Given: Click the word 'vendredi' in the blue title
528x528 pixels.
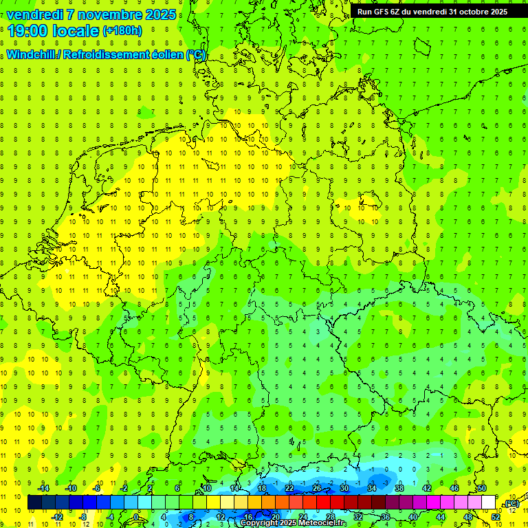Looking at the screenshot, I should [x=34, y=14].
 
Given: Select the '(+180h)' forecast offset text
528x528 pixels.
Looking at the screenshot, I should [x=122, y=31].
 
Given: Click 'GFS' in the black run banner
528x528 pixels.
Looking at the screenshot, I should [x=386, y=12].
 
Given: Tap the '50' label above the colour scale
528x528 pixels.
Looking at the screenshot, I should [x=482, y=488].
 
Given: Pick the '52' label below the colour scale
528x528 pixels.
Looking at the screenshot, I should [x=496, y=517].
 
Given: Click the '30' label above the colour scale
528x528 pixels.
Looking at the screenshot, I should [x=344, y=488].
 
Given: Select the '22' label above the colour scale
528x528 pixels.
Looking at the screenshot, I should [x=289, y=488].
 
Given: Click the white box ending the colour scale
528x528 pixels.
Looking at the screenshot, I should [x=489, y=503].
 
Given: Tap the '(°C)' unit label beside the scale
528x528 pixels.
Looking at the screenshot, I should [x=511, y=503].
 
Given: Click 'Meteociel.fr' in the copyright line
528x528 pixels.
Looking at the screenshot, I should [x=328, y=523].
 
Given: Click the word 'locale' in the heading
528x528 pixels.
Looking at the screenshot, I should [x=76, y=30].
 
